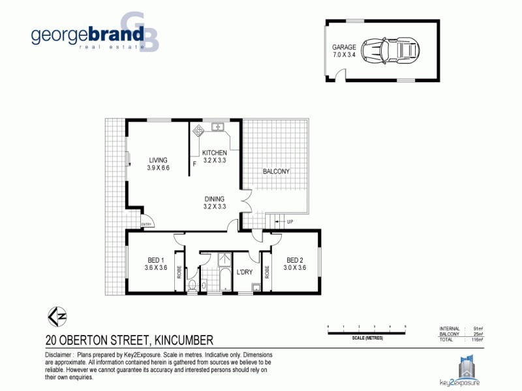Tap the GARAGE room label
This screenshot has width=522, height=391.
tap(344, 48)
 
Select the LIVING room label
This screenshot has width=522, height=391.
tap(158, 160)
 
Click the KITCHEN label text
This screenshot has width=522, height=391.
tap(214, 152)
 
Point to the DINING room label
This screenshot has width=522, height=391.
tap(214, 199)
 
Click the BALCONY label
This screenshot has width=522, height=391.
tap(276, 172)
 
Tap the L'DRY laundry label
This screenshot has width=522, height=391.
tap(244, 272)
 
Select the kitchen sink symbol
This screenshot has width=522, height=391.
tap(218, 126)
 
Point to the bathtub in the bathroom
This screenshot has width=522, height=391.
tap(224, 274)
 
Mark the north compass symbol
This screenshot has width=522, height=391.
tap(57, 317)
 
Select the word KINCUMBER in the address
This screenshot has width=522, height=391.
tap(185, 340)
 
